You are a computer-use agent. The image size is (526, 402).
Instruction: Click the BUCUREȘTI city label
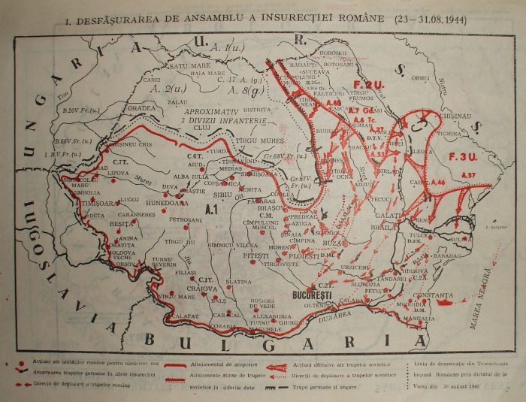(x=310, y=295)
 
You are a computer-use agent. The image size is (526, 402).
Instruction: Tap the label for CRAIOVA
(x=202, y=289)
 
